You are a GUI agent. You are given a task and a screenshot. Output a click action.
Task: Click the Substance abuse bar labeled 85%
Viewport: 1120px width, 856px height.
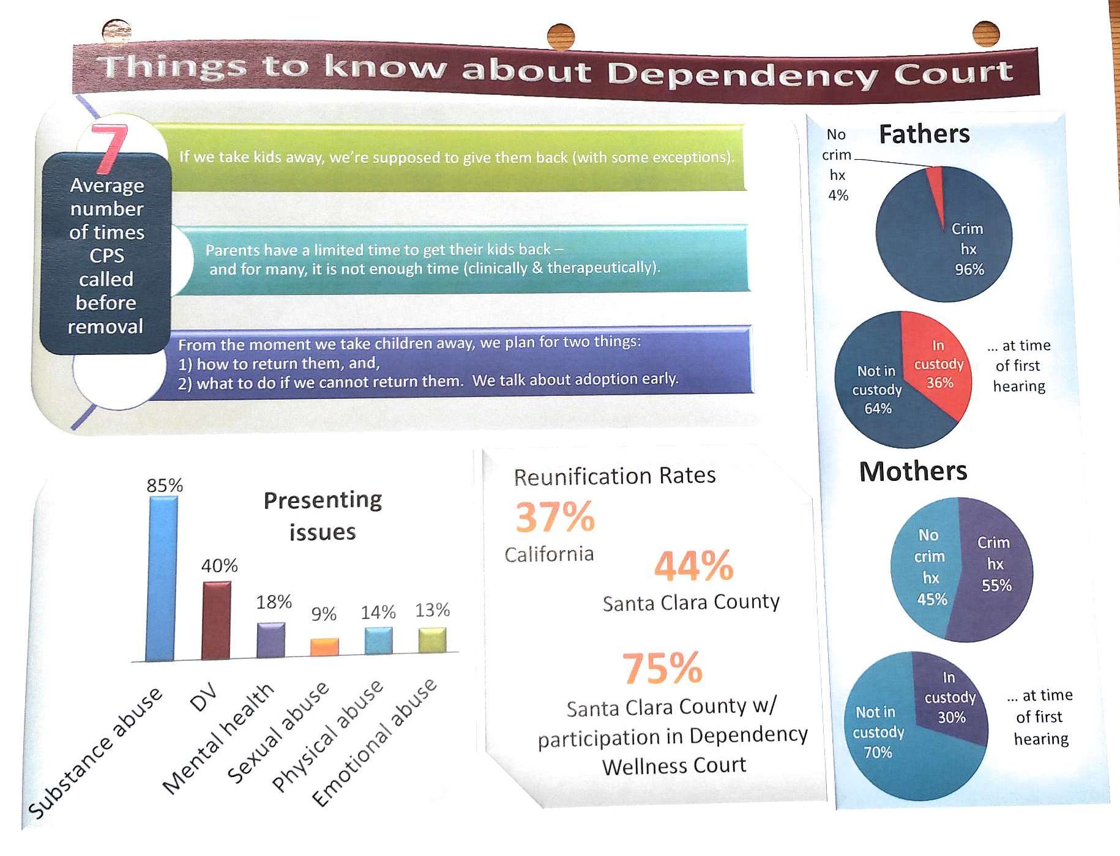point(162,578)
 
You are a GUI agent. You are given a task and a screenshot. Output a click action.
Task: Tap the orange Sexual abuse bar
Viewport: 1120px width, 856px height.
point(324,647)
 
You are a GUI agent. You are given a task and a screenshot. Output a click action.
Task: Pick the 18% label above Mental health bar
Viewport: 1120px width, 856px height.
point(274,602)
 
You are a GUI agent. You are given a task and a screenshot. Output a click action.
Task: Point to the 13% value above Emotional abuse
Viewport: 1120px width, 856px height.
point(432,610)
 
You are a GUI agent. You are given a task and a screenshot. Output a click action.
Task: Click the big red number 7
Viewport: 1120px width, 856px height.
point(110,147)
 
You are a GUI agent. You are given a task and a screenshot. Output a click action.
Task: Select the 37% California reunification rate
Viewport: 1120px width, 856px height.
point(555,518)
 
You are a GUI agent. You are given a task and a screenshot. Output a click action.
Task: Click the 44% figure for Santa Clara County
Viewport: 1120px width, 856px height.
point(693,565)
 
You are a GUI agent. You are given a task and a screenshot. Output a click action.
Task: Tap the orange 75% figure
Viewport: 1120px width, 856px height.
point(662,668)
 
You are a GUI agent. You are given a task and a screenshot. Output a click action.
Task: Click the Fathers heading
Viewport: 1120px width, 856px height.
point(924,134)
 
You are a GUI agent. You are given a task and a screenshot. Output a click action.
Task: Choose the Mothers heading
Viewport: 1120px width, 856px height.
point(913,472)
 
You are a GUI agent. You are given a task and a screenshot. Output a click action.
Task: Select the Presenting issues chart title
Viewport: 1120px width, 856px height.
point(323,516)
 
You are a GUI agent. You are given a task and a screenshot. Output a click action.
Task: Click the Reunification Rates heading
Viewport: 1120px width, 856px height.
point(614,476)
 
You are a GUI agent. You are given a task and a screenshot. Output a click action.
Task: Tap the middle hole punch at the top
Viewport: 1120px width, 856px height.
point(561,35)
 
